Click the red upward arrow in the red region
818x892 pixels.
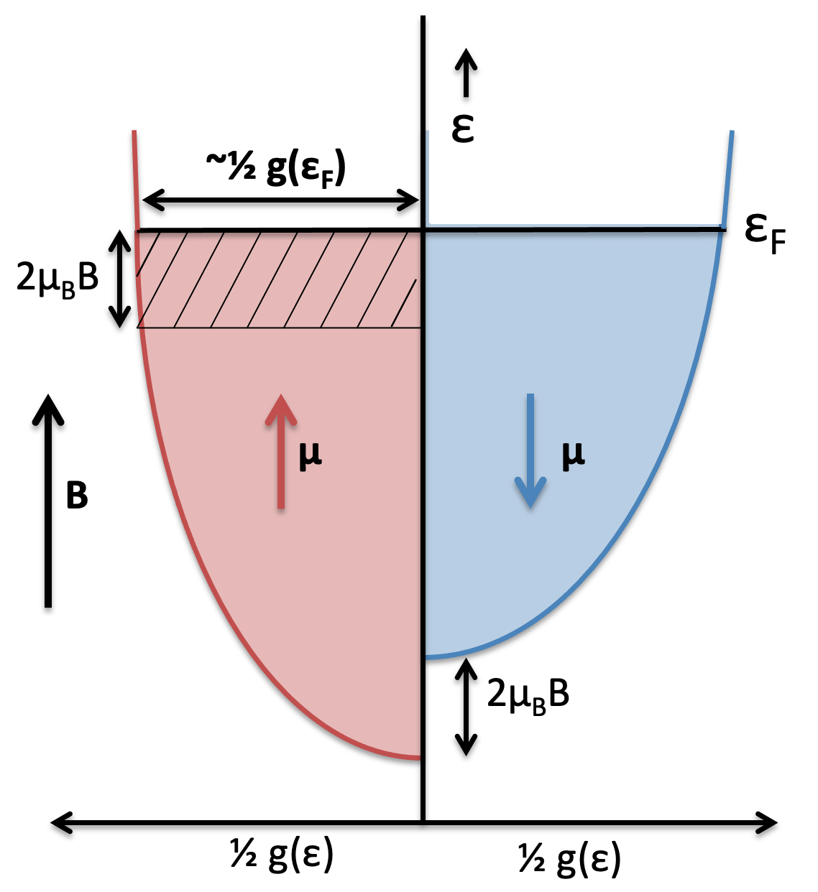[x=280, y=452]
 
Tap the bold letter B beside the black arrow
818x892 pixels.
[x=77, y=496]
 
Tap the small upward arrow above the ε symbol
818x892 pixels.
[x=467, y=73]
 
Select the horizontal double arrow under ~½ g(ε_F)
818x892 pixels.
[x=280, y=200]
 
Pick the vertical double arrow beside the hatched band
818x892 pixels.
[x=119, y=279]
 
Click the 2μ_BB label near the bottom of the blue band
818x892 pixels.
[x=528, y=694]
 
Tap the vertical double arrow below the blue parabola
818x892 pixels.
[x=467, y=707]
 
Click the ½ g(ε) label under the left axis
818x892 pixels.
[x=282, y=855]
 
